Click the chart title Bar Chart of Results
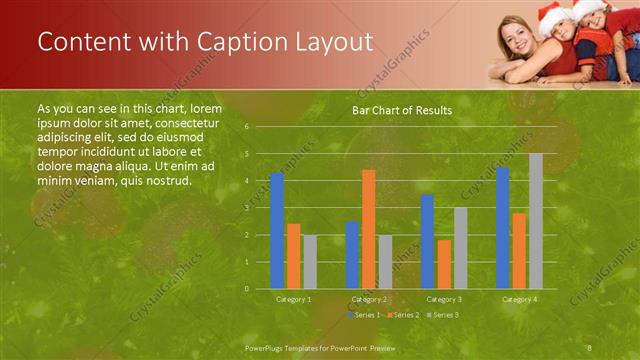[401, 110]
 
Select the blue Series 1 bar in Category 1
[277, 230]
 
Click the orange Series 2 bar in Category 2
[368, 229]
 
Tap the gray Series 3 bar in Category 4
[536, 221]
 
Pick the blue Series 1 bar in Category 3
[427, 241]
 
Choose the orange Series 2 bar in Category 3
[444, 264]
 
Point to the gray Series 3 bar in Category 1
[310, 262]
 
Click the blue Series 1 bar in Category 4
[503, 228]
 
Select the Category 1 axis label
[294, 298]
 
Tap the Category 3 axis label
[444, 298]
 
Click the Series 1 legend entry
[364, 315]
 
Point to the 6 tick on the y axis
[246, 127]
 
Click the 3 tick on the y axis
[246, 208]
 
